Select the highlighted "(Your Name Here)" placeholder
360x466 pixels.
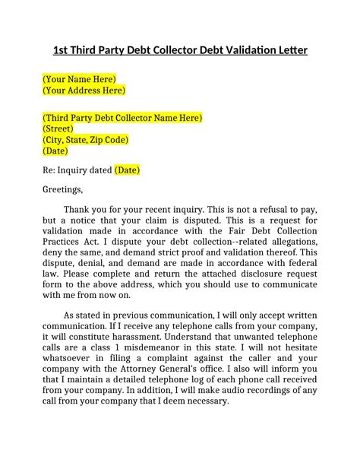coord(79,79)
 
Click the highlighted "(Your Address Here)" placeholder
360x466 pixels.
coord(84,90)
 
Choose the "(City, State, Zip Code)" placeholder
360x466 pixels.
coord(85,140)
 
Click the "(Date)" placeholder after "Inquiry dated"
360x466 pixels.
coord(127,170)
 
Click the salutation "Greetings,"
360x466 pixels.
coord(62,189)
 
